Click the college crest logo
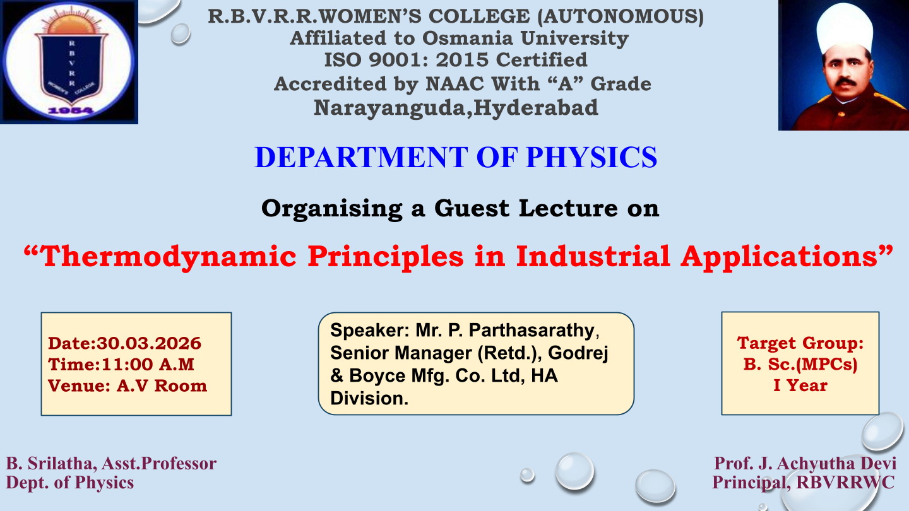coord(69,62)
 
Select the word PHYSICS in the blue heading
coord(591,157)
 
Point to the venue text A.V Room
coord(162,386)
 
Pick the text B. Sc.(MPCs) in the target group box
coord(800,365)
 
